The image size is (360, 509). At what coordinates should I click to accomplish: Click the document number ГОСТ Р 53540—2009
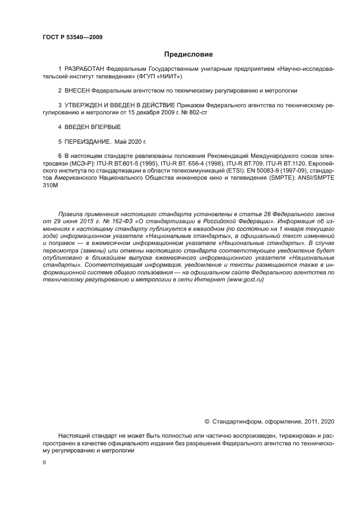point(72,37)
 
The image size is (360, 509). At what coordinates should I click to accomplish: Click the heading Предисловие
point(188,54)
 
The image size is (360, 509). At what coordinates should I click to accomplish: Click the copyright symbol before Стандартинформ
point(207,421)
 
